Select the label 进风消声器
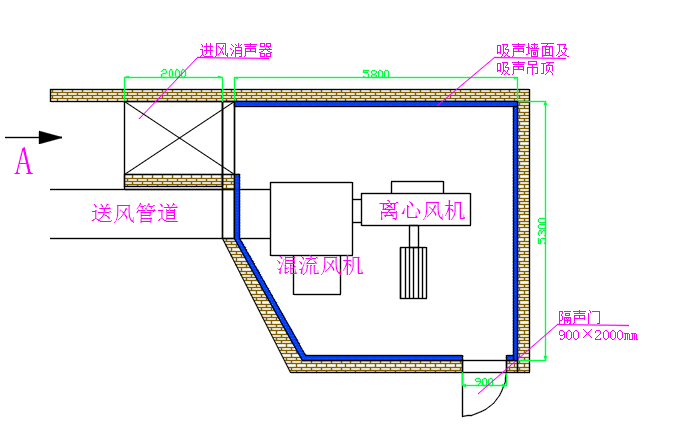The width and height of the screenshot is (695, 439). (236, 49)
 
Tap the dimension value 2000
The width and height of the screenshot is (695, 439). (172, 73)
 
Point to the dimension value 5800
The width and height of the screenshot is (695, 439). (377, 73)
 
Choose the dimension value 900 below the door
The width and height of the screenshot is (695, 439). (484, 382)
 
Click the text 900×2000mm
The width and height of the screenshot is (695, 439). (598, 334)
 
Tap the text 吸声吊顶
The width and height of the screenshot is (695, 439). (526, 68)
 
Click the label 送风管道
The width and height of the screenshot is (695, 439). (135, 213)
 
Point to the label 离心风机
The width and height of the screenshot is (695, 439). (422, 210)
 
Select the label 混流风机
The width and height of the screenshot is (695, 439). (319, 265)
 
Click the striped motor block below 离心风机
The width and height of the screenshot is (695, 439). (412, 272)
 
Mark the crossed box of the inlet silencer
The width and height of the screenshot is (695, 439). (173, 137)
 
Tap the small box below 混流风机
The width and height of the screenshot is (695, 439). (318, 284)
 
